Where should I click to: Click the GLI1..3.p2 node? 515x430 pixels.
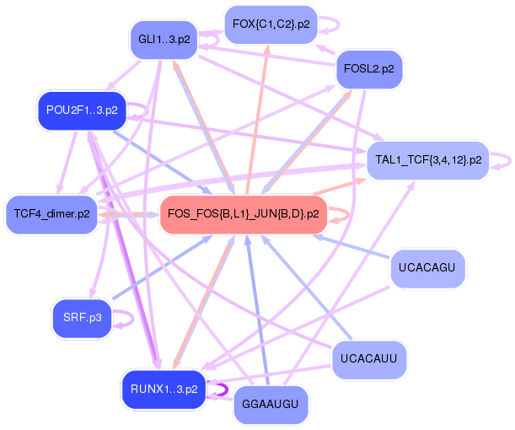[164, 40]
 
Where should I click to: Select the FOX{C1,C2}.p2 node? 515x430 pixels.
[271, 24]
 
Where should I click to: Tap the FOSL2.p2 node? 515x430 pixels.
[369, 69]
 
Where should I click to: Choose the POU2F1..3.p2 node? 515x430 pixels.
[82, 110]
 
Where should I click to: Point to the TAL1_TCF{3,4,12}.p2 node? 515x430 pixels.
[428, 159]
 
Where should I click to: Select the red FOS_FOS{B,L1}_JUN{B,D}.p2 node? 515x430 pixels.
[244, 214]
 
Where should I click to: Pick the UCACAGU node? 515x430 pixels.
[428, 271]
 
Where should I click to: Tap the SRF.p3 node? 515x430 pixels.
[82, 317]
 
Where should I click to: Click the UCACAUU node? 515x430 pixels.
[369, 360]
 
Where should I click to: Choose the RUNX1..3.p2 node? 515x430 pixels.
[164, 389]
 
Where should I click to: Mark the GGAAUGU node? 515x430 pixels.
[271, 405]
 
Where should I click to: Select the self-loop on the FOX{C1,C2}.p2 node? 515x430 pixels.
[330, 24]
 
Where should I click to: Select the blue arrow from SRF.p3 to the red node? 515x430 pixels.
[160, 267]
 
